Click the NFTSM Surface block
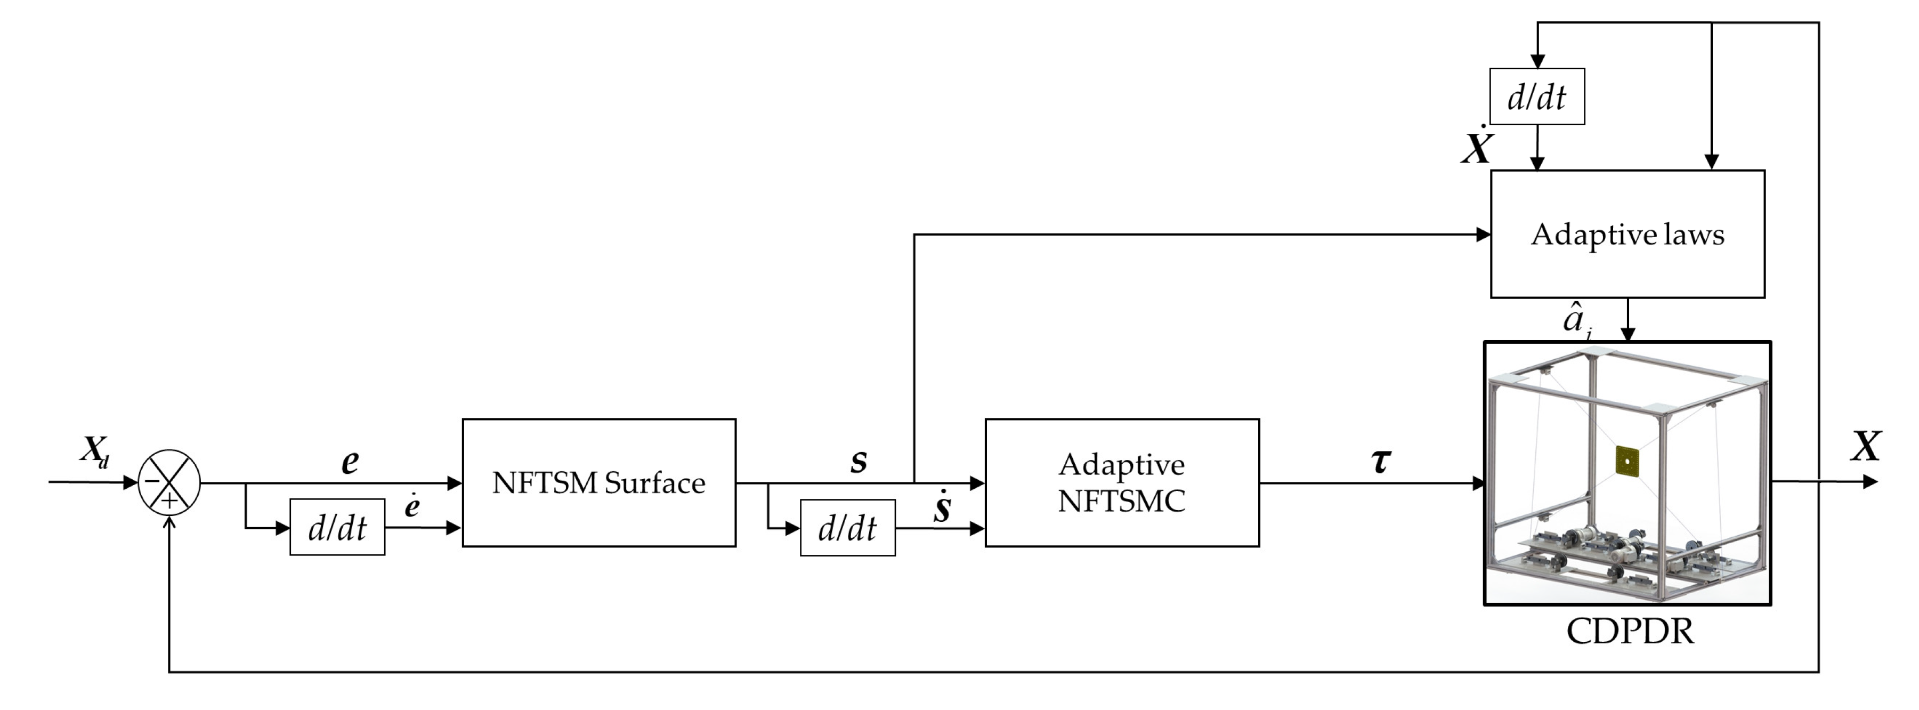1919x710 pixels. click(x=599, y=483)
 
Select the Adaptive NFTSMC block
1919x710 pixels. click(x=1122, y=483)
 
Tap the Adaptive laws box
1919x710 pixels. click(x=1627, y=234)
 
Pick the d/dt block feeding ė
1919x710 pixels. click(x=337, y=528)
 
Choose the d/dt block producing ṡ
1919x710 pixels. click(x=847, y=528)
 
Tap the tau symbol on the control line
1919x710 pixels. click(x=1380, y=461)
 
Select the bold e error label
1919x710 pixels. click(x=350, y=462)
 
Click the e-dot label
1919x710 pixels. click(x=412, y=506)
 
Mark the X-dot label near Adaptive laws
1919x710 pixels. click(x=1477, y=147)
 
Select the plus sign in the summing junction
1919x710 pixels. click(x=170, y=501)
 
